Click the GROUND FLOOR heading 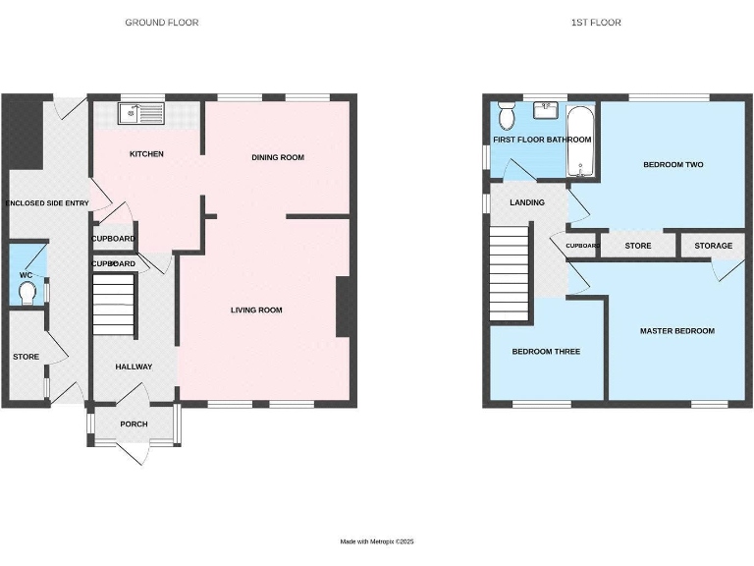pos(161,22)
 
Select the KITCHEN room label pos(146,154)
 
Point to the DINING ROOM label pos(278,157)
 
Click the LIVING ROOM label pos(256,311)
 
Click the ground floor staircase pos(112,305)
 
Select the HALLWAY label pos(134,367)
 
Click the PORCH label pos(134,424)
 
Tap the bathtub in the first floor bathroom pos(581,143)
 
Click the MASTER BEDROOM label pos(676,331)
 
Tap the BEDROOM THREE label pos(546,351)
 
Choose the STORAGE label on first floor pos(712,246)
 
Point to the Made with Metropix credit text pos(377,541)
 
